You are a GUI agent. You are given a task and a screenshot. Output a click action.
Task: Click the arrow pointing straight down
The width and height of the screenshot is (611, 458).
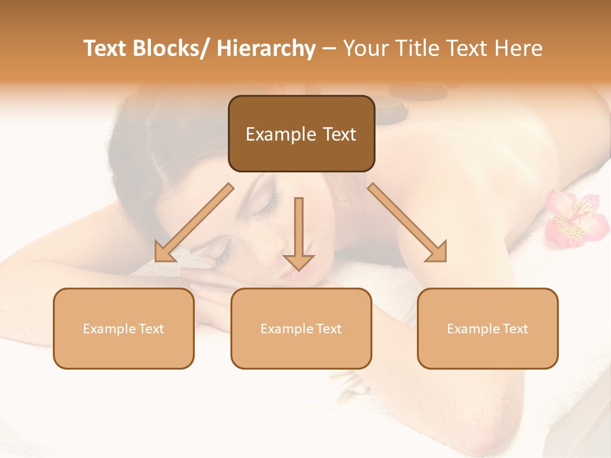click(298, 235)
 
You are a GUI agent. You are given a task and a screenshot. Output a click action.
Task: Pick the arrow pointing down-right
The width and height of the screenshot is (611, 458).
click(407, 223)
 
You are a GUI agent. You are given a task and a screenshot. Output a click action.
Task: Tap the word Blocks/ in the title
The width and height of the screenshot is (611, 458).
click(172, 48)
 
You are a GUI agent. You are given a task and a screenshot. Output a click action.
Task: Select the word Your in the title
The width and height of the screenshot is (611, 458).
click(365, 48)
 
